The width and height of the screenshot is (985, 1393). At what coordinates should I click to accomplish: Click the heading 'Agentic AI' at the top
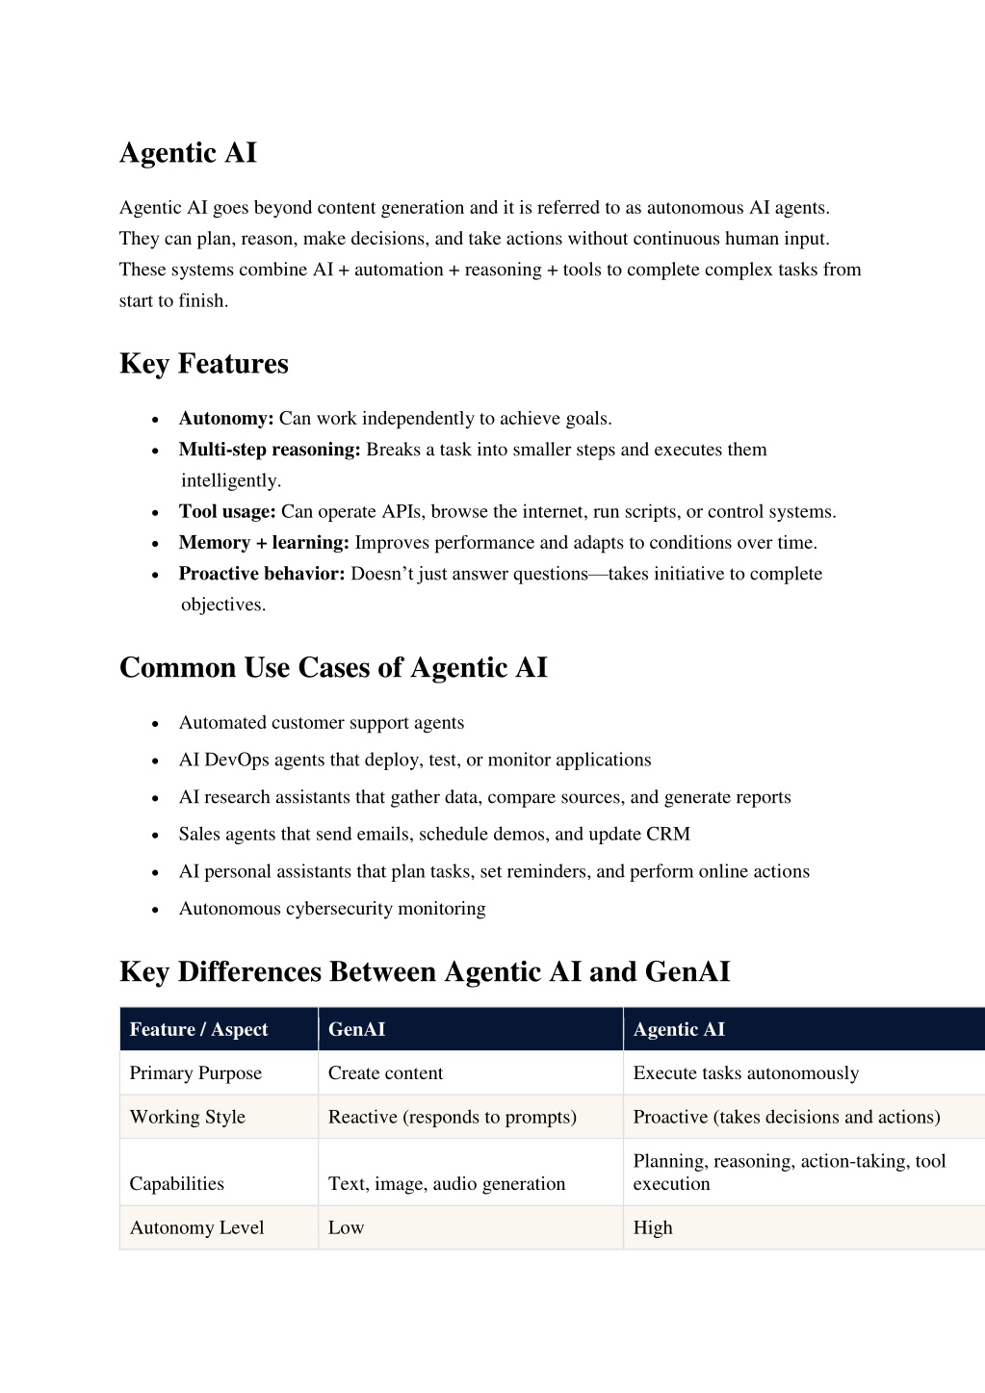coord(188,153)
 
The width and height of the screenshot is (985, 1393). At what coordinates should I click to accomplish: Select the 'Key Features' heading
coord(203,364)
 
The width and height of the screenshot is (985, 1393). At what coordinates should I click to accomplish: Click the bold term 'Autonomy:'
coord(226,419)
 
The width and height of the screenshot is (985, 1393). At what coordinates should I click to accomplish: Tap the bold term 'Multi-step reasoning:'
coord(270,450)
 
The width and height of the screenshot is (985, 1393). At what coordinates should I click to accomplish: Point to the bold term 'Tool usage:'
coord(227,512)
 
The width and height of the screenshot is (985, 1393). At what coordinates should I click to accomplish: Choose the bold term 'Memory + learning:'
coord(264,543)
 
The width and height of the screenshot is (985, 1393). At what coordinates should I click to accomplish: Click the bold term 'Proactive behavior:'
coord(262,574)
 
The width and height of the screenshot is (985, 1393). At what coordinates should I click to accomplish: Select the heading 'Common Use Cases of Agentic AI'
coord(333,668)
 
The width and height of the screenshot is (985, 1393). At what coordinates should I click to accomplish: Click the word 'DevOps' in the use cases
coord(237,761)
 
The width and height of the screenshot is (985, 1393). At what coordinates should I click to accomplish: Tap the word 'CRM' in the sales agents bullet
coord(668,835)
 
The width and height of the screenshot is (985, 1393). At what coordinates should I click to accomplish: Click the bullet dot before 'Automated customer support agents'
coord(155,724)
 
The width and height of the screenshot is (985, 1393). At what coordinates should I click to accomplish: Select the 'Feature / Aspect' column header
coord(198,1030)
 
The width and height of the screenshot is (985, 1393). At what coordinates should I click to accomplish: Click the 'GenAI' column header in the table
coord(356,1030)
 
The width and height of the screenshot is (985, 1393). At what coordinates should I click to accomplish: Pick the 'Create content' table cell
coord(385,1073)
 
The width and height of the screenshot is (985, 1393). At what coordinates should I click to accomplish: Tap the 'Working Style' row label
coord(187,1118)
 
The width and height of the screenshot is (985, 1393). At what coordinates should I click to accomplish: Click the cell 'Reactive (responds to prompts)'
coord(452,1118)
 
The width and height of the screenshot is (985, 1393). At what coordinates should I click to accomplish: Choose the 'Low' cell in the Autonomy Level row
coord(346,1228)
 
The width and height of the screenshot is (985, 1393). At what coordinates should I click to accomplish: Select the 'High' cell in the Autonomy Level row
coord(653,1228)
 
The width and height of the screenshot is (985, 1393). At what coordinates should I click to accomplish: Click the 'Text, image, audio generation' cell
coord(446,1184)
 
